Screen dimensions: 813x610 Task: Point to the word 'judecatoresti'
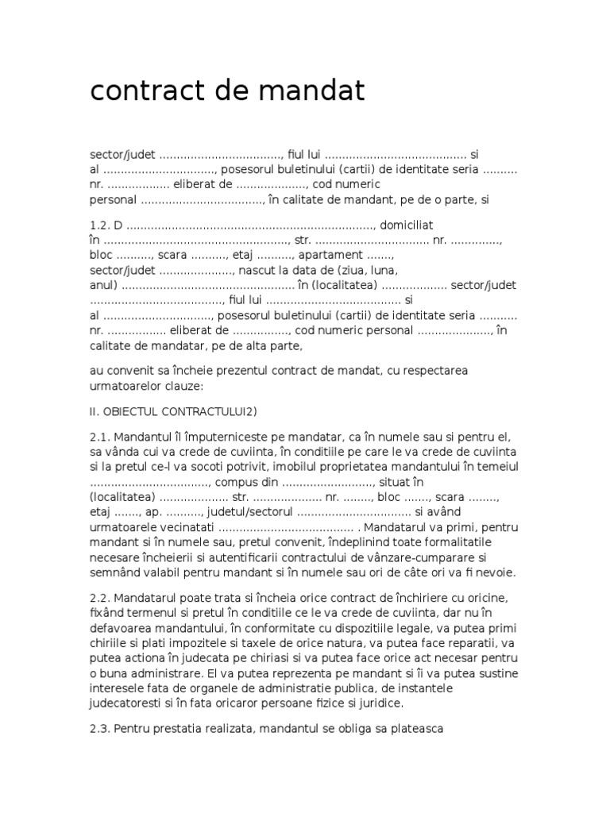click(x=126, y=703)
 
